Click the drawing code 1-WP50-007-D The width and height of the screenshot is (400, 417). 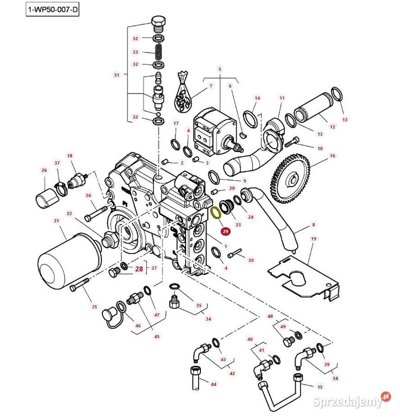point(52,10)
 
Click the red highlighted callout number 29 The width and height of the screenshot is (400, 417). point(225,231)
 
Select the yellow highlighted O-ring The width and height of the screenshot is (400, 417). point(215,213)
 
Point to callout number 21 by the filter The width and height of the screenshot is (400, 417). point(57,221)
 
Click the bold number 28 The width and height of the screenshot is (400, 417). point(139,268)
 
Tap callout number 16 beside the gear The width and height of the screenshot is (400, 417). point(332,156)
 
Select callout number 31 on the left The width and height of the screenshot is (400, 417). point(116,75)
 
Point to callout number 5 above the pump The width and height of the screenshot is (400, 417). point(219,69)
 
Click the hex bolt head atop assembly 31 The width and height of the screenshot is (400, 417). point(158,22)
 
